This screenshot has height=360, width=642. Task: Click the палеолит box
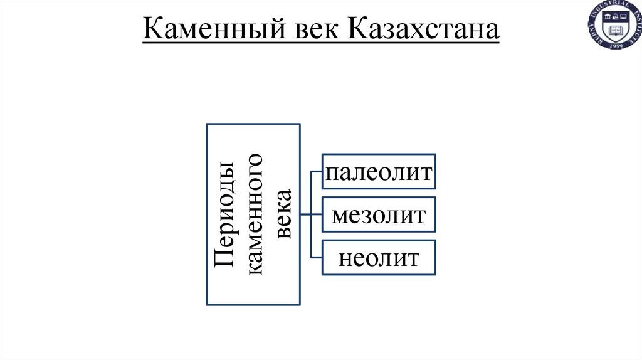coord(379,171)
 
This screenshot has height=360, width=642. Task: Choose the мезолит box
coord(379,214)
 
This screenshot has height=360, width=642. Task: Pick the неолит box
coord(379,257)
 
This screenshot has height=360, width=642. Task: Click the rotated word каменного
coord(256,214)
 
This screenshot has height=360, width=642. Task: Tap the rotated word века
coord(285,214)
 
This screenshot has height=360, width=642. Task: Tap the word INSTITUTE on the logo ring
coord(636,28)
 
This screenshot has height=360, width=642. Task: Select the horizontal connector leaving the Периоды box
coord(306,214)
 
